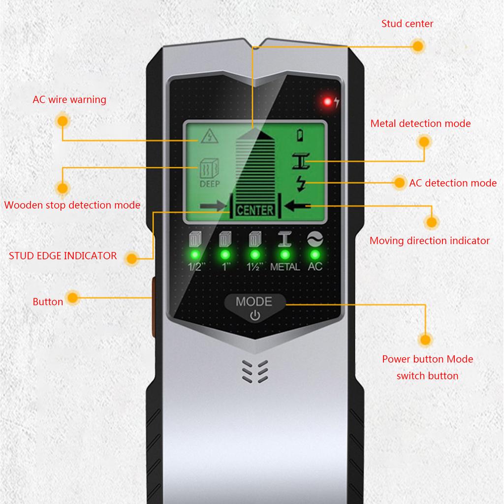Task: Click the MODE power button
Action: click(x=254, y=308)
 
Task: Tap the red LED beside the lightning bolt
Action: click(x=327, y=102)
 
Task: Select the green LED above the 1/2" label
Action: click(x=195, y=254)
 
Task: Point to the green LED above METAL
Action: click(x=284, y=254)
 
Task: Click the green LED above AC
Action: click(x=315, y=254)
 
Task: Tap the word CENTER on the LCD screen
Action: click(x=255, y=211)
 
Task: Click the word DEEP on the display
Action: click(x=210, y=185)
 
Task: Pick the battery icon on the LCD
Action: click(x=301, y=134)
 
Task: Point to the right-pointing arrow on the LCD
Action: click(x=212, y=206)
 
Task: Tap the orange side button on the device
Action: click(x=153, y=307)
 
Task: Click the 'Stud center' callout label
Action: click(x=407, y=24)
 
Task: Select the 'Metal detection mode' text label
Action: click(x=420, y=124)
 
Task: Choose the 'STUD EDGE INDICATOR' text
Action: click(x=63, y=255)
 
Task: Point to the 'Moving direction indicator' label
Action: click(x=429, y=241)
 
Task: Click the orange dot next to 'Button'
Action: click(x=73, y=297)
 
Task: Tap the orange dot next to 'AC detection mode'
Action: click(x=400, y=183)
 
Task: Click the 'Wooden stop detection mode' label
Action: click(x=72, y=205)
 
